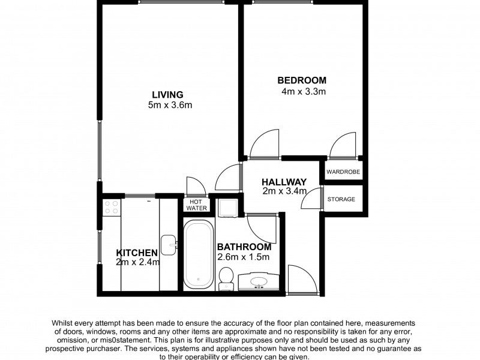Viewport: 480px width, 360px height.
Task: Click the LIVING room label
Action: pyautogui.click(x=168, y=95)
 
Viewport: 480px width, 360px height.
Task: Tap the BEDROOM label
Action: pyautogui.click(x=302, y=80)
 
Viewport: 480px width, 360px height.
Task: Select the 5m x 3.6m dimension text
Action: pyautogui.click(x=170, y=106)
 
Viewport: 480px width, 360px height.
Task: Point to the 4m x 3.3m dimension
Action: pyautogui.click(x=304, y=91)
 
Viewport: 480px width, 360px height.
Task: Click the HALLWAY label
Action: pyautogui.click(x=284, y=182)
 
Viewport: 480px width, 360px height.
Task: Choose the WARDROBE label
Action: pyautogui.click(x=343, y=172)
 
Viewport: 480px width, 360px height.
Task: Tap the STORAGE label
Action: pyautogui.click(x=341, y=199)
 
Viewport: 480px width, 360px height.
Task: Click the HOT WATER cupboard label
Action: pyautogui.click(x=196, y=205)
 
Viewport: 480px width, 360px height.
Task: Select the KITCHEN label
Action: pyautogui.click(x=137, y=253)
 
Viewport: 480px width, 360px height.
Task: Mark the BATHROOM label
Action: pyautogui.click(x=244, y=247)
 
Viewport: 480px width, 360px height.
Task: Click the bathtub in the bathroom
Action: pyautogui.click(x=199, y=255)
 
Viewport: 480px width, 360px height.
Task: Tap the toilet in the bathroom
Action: pyautogui.click(x=227, y=278)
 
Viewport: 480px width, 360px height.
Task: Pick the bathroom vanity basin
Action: pyautogui.click(x=259, y=281)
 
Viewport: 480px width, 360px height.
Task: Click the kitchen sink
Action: pyautogui.click(x=169, y=245)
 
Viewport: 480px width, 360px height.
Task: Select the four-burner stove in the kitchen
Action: pyautogui.click(x=112, y=207)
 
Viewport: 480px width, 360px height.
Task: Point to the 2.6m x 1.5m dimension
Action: pyautogui.click(x=244, y=257)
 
